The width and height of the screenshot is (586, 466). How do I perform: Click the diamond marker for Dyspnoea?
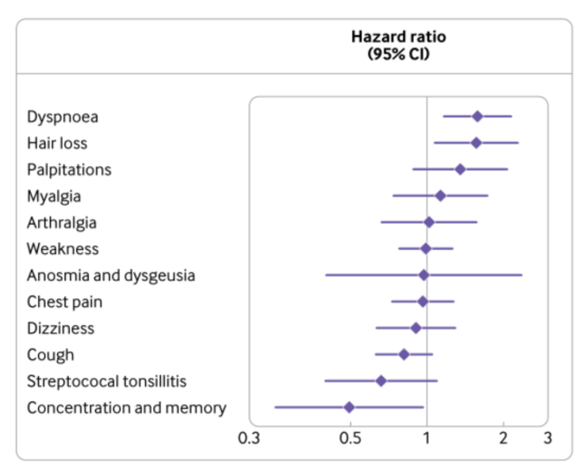pyautogui.click(x=477, y=117)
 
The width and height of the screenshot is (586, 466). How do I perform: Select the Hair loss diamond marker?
pyautogui.click(x=476, y=143)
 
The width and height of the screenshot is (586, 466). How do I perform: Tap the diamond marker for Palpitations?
pyautogui.click(x=460, y=169)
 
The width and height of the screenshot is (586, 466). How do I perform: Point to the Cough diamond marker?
pyautogui.click(x=404, y=354)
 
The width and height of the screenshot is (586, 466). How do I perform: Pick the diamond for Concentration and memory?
pyautogui.click(x=349, y=407)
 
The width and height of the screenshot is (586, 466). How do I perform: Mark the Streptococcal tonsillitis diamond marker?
pyautogui.click(x=381, y=381)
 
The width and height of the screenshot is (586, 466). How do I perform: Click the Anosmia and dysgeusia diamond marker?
pyautogui.click(x=423, y=275)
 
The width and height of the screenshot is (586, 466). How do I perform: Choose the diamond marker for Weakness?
pyautogui.click(x=426, y=248)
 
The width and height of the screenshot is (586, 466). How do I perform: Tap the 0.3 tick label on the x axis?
pyautogui.click(x=248, y=437)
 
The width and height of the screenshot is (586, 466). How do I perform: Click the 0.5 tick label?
pyautogui.click(x=350, y=437)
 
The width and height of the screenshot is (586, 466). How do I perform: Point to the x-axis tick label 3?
pyautogui.click(x=547, y=437)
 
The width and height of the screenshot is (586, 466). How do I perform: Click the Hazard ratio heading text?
pyautogui.click(x=398, y=37)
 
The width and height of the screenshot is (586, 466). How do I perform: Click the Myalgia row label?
pyautogui.click(x=54, y=196)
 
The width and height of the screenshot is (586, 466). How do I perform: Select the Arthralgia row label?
pyautogui.click(x=62, y=222)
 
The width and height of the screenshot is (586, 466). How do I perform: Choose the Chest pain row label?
pyautogui.click(x=64, y=302)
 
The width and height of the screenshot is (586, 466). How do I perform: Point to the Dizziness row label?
pyautogui.click(x=60, y=328)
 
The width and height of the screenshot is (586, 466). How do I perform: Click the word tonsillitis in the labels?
pyautogui.click(x=154, y=381)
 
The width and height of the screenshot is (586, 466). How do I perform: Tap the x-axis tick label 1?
pyautogui.click(x=427, y=437)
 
